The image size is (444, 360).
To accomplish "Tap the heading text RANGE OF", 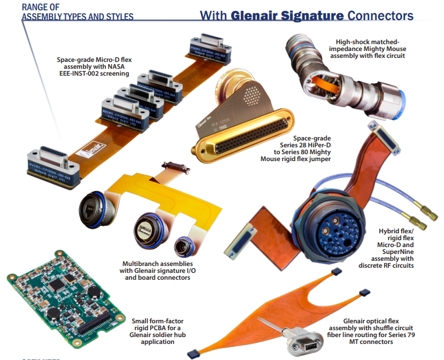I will (41, 6).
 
